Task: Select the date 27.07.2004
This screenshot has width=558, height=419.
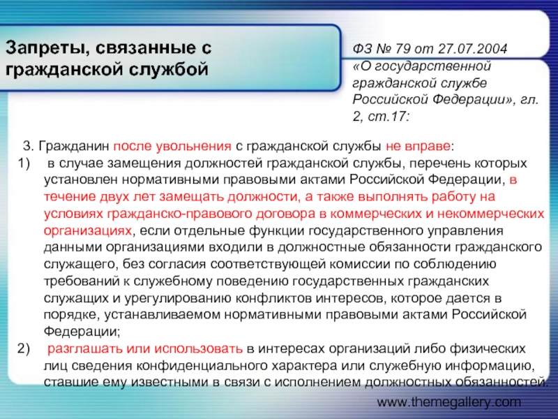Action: (x=472, y=48)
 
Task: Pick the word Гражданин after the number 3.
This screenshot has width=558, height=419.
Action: (x=74, y=147)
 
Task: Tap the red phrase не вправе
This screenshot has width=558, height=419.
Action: (x=418, y=147)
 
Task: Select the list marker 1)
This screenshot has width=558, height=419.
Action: (x=24, y=163)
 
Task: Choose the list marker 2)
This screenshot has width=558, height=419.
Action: (x=24, y=348)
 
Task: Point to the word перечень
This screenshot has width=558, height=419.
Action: (x=435, y=163)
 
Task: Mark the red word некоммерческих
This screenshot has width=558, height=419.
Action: (x=491, y=214)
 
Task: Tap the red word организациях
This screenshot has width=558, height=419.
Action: (x=88, y=230)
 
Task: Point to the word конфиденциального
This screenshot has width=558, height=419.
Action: (x=202, y=366)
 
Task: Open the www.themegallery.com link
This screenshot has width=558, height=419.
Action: (x=448, y=402)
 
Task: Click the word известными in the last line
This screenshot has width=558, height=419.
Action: (x=170, y=383)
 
